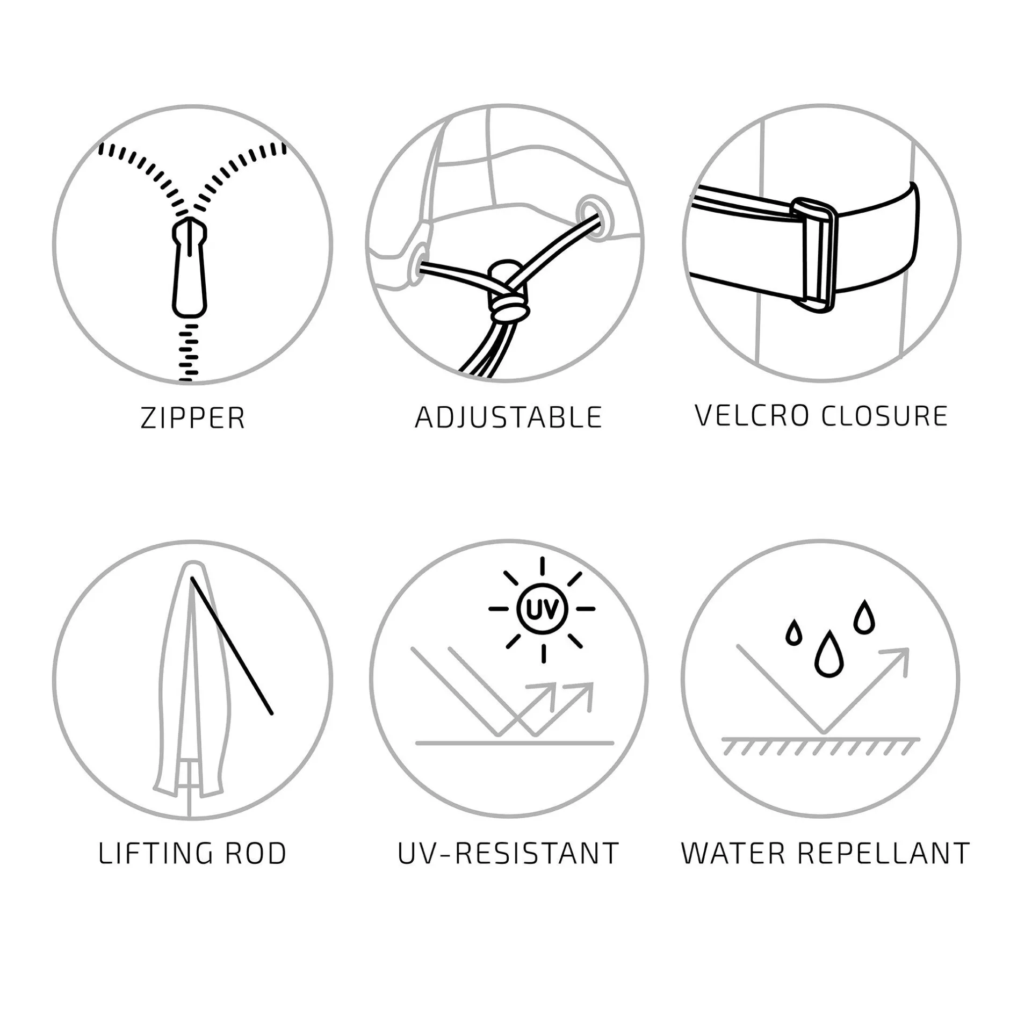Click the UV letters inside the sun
pyautogui.click(x=543, y=609)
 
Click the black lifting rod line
pyautogui.click(x=232, y=646)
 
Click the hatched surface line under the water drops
pyautogui.click(x=820, y=746)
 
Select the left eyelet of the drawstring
pyautogui.click(x=418, y=262)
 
